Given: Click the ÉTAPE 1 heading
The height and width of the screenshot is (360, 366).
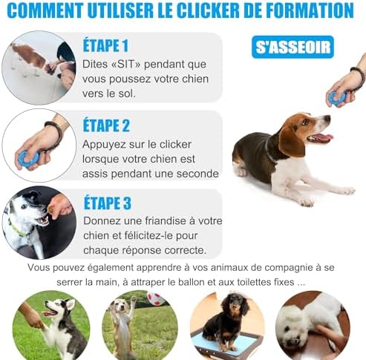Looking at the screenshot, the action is [x=105, y=45].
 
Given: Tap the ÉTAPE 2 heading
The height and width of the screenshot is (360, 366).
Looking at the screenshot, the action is [x=106, y=125].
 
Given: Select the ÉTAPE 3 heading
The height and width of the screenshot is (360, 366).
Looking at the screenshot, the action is [x=108, y=203].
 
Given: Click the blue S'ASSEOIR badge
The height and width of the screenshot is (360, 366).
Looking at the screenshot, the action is [x=293, y=48].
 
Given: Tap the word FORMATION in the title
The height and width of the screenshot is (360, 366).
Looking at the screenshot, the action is [x=310, y=10].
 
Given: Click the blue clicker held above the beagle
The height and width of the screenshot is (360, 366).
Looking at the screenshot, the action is [x=336, y=98].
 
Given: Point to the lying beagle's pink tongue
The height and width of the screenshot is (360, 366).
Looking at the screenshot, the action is [x=321, y=137].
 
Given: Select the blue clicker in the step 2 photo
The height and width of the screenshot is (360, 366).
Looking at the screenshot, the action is [x=29, y=158].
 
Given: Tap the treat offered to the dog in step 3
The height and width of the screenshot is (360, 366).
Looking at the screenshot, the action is [x=51, y=209].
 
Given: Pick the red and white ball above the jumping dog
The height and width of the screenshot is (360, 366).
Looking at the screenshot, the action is [x=156, y=299].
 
